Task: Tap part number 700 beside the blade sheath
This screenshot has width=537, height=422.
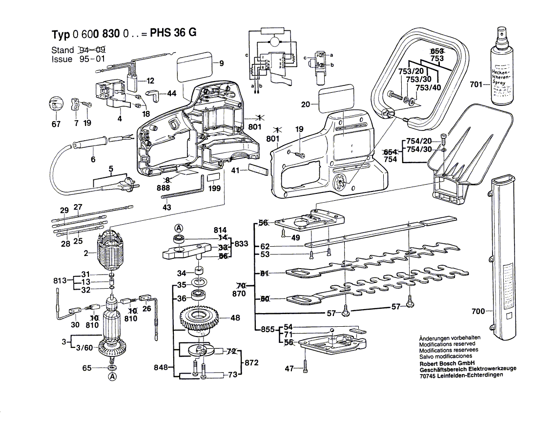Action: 478,311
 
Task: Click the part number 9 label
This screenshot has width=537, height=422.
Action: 221,63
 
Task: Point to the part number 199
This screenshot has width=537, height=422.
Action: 213,188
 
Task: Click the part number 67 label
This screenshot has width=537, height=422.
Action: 56,124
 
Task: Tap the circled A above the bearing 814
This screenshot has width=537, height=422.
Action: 179,228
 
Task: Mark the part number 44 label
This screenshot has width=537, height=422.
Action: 171,93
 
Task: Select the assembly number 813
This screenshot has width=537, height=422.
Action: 60,281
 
